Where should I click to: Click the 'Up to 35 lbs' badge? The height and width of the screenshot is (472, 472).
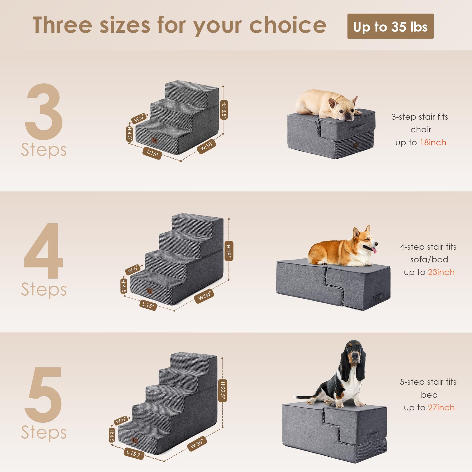[x=390, y=26]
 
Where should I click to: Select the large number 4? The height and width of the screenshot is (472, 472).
[x=44, y=251]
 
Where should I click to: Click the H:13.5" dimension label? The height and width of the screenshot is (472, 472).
[x=224, y=110]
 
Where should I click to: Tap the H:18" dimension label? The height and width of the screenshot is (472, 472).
[x=228, y=251]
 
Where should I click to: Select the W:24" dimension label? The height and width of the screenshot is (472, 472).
[x=204, y=296]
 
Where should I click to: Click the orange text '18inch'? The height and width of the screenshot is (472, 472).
[x=433, y=143]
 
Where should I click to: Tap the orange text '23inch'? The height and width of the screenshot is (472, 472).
[x=441, y=272]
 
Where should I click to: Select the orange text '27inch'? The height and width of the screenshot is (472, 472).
[x=441, y=408]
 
